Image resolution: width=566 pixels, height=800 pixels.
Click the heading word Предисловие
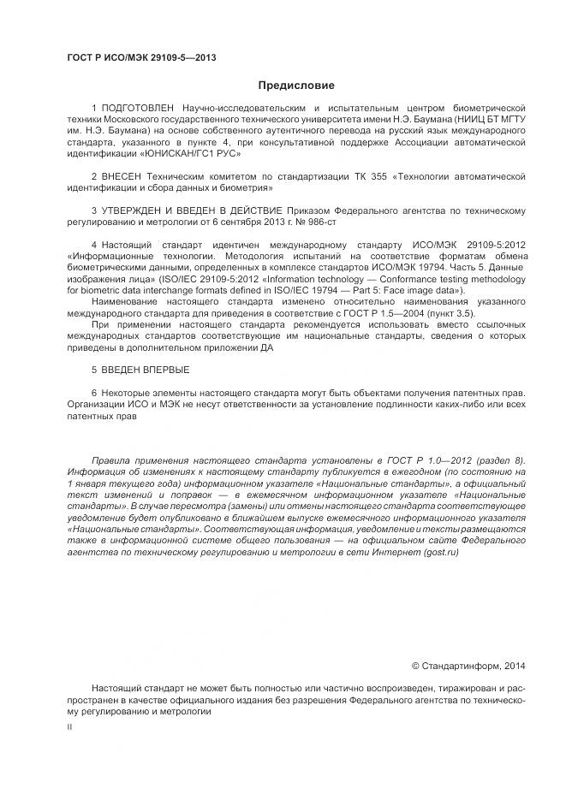pos(296,86)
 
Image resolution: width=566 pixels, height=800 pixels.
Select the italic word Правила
pos(109,459)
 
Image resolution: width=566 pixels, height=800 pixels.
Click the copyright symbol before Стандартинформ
pos(416,665)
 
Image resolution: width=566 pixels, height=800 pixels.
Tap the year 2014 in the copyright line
pos(515,665)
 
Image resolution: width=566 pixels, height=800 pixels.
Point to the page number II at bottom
pos(69,726)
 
